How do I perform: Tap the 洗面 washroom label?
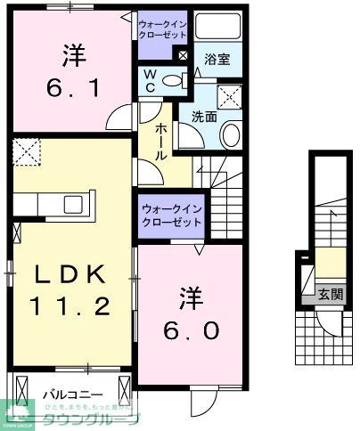[204, 116]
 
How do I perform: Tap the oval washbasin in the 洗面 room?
[231, 135]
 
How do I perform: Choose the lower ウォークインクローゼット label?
[172, 215]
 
